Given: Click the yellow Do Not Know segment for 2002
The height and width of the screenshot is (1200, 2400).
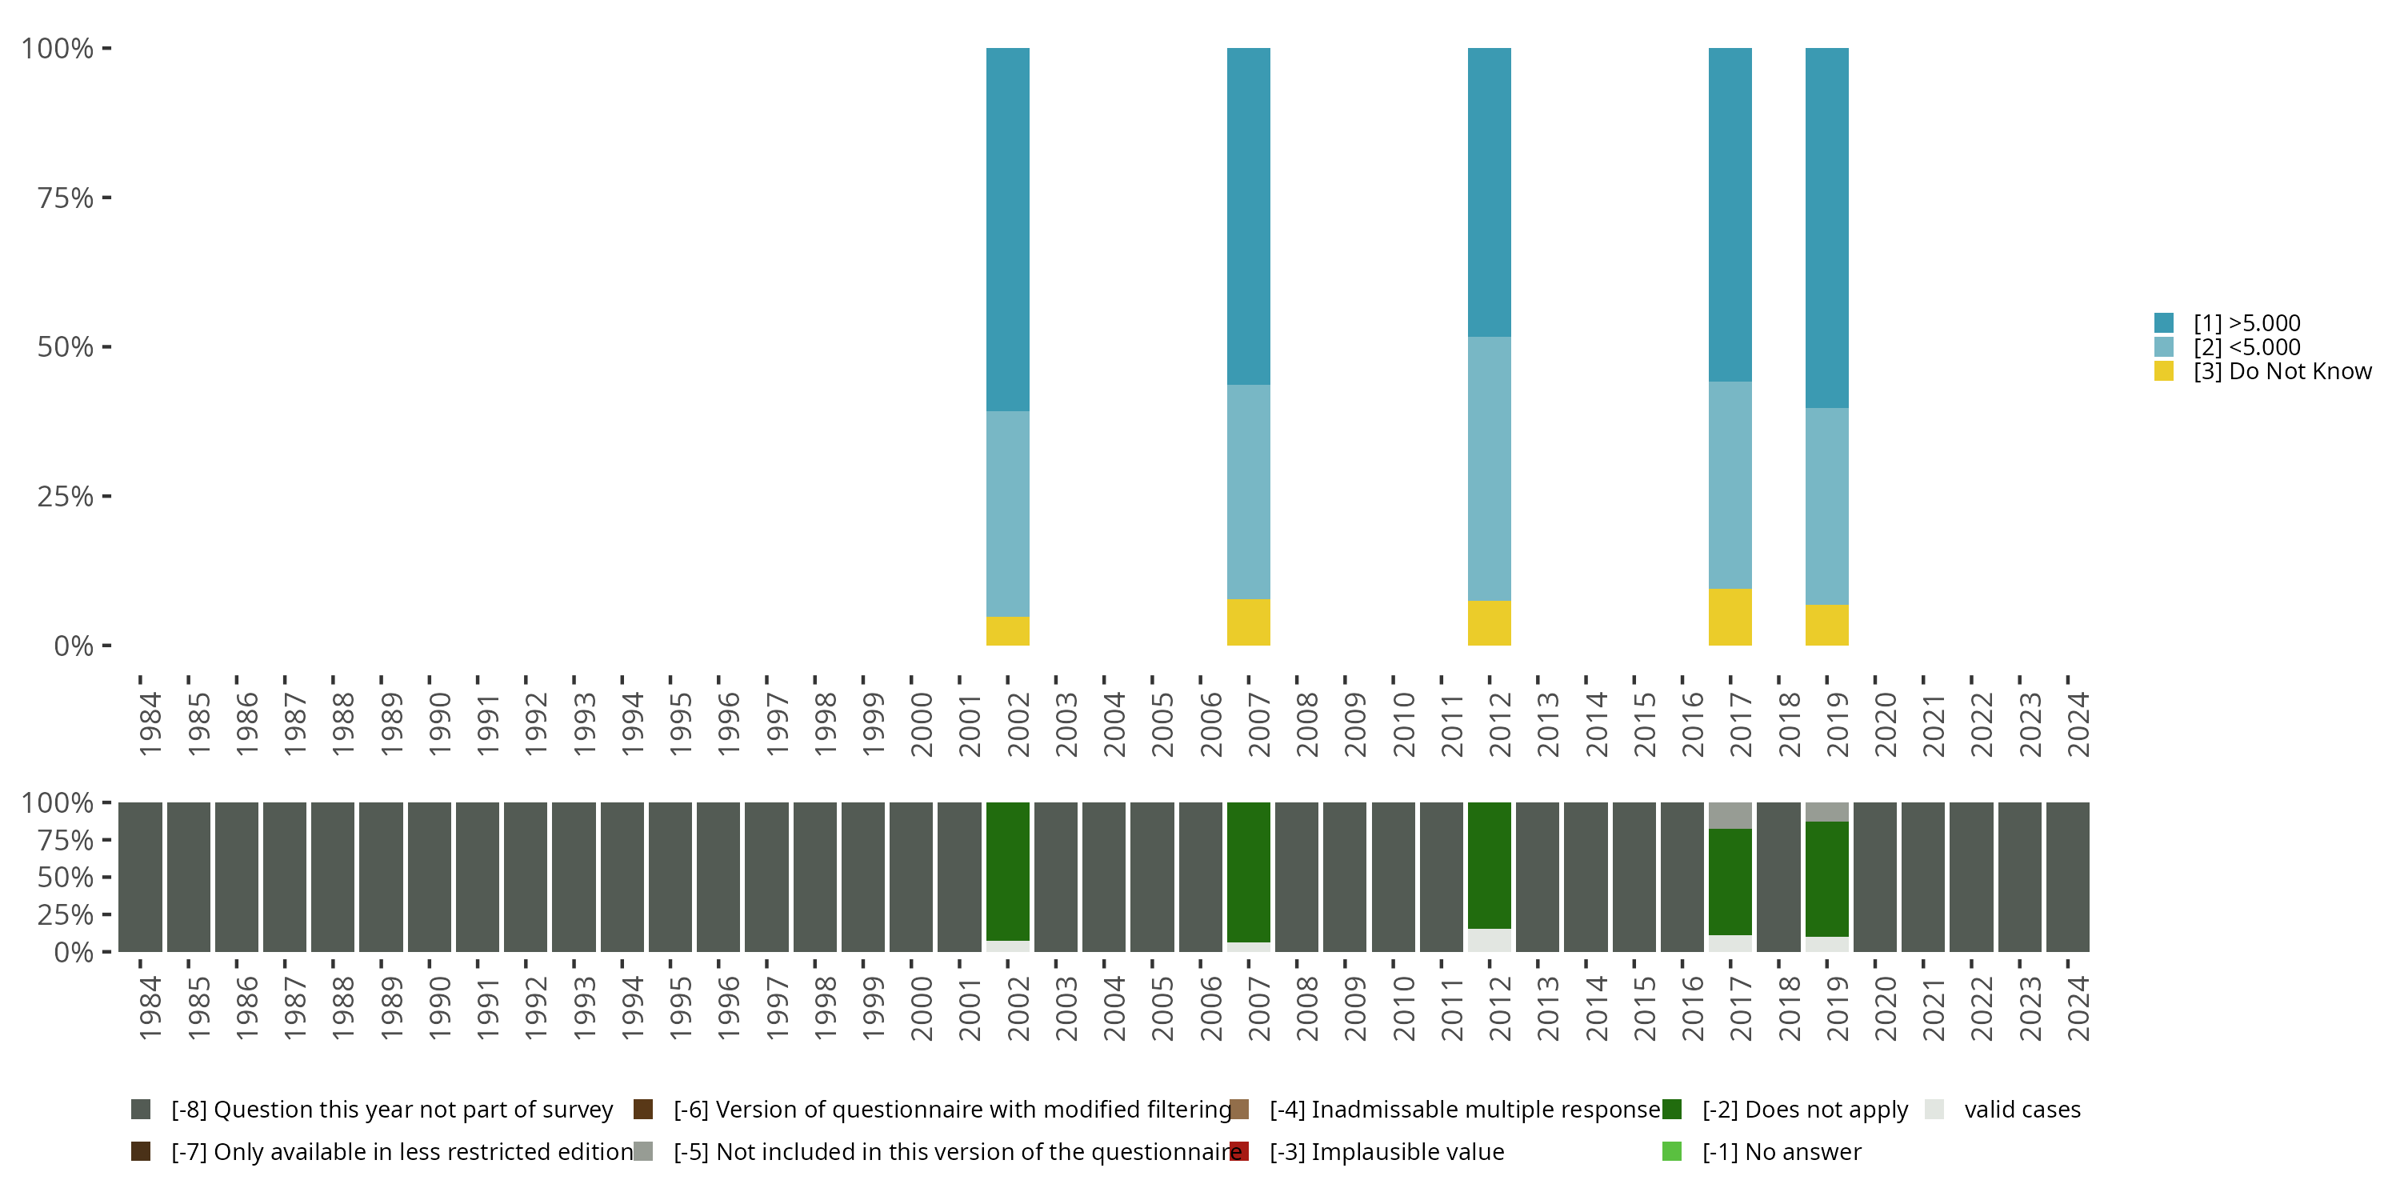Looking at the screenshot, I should click(x=1007, y=630).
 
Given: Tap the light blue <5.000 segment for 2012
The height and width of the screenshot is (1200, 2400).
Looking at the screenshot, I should click(x=1489, y=469).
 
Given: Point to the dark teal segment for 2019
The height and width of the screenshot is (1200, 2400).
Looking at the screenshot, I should click(x=1826, y=227).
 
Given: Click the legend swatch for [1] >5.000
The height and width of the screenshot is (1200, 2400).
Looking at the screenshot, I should click(x=2164, y=323).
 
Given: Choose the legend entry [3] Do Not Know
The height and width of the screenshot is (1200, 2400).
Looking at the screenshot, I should click(x=2282, y=372).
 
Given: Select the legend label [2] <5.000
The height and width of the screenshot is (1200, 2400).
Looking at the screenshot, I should click(x=2246, y=347).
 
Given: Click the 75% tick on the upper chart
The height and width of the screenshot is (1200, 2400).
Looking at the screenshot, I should click(x=66, y=198).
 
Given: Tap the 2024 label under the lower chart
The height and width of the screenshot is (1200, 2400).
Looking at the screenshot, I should click(x=2078, y=1008).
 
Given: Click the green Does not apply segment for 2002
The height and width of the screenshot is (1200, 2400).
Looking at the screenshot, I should click(x=1007, y=871).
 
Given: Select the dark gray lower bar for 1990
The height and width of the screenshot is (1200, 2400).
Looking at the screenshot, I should click(x=430, y=877).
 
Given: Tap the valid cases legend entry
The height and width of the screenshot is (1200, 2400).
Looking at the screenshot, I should click(x=2022, y=1110).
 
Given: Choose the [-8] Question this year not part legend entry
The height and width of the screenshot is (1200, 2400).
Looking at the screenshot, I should click(x=391, y=1110).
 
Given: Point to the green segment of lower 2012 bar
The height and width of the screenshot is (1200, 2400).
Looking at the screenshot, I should click(x=1489, y=865).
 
